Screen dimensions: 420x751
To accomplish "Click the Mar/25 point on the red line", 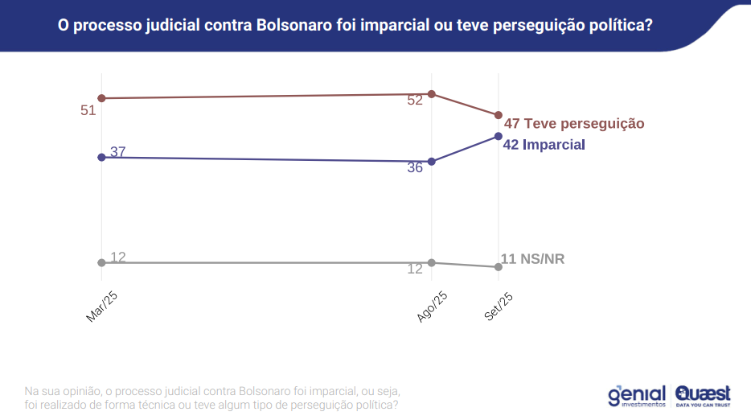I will [101, 98].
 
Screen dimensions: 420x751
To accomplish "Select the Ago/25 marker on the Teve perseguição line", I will [432, 94].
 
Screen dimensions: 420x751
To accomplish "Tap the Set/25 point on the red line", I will [499, 115].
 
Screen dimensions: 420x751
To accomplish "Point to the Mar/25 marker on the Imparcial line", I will [101, 157].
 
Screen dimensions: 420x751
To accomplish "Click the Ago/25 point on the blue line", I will [432, 162].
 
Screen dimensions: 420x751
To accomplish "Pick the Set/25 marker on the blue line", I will [499, 136].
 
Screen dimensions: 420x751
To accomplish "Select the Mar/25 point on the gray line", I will [101, 262].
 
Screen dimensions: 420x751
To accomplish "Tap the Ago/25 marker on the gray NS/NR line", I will [432, 262].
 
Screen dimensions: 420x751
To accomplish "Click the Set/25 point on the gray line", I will [499, 266].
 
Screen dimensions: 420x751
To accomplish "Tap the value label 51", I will [88, 110].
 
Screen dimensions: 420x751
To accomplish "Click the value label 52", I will [415, 101].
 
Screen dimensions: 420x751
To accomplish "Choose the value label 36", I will [415, 168].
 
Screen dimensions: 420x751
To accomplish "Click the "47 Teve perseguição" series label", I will [574, 124].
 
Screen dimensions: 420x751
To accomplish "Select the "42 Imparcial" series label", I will [543, 145].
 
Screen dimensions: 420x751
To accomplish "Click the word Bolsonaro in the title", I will [296, 25].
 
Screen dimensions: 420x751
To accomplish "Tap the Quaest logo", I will [704, 396].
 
